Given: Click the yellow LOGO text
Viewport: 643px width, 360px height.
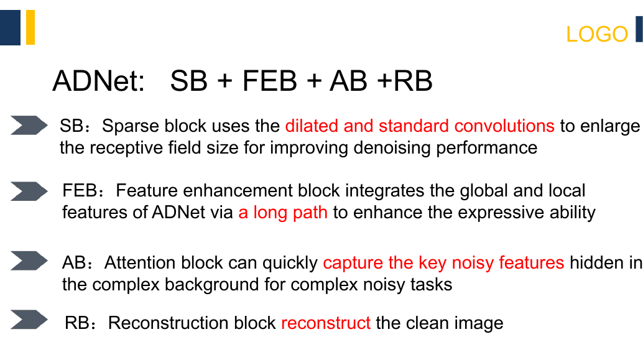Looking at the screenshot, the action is [x=596, y=34].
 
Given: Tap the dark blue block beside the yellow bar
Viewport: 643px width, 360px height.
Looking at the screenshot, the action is [x=10, y=27].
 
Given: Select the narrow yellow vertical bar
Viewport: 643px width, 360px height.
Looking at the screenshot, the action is [x=30, y=27].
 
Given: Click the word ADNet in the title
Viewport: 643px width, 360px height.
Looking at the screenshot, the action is [x=98, y=81].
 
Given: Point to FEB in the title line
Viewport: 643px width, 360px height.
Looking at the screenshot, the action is [x=269, y=81].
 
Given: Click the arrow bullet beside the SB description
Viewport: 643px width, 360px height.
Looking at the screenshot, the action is [x=29, y=125].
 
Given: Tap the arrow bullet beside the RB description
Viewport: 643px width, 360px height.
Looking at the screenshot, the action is [x=29, y=320].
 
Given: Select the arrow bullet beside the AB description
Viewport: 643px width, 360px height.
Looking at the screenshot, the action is [x=29, y=261].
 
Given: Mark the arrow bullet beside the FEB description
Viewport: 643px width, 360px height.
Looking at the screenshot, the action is [x=29, y=191].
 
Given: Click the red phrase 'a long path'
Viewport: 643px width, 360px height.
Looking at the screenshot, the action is [x=283, y=213].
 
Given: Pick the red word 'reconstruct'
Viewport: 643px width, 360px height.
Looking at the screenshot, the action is [x=326, y=323].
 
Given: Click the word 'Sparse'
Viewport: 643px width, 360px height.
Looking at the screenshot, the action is [x=131, y=126].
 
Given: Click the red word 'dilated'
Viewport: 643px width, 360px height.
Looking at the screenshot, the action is [x=312, y=126].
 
